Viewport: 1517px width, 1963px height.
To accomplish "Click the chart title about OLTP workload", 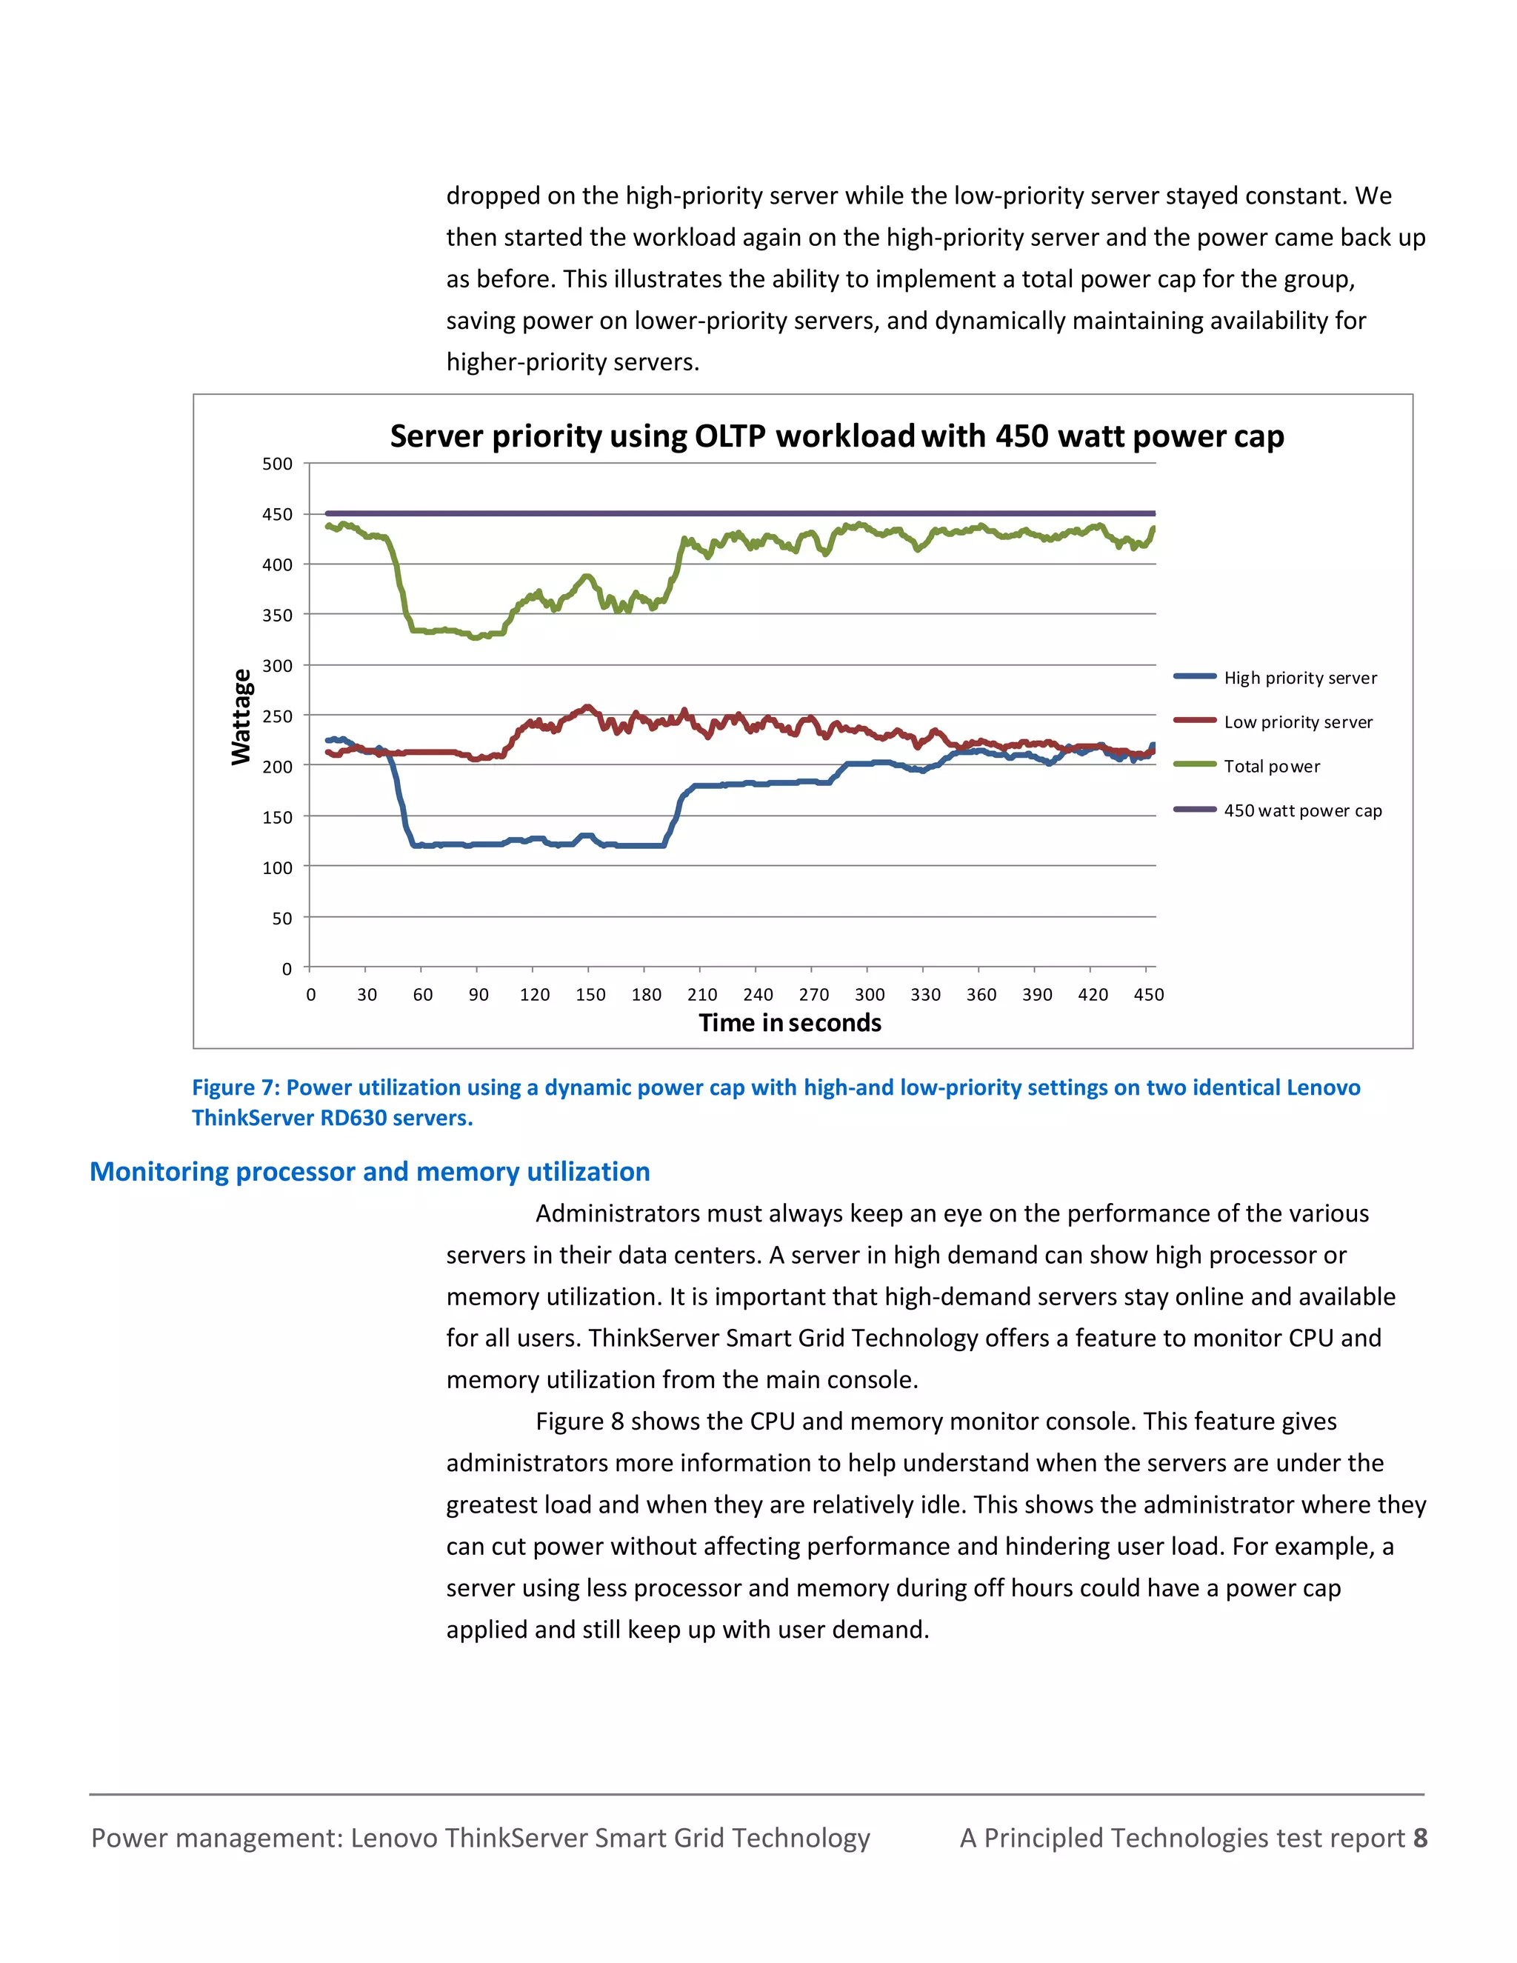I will point(837,437).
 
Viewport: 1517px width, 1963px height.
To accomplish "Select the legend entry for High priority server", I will point(1299,678).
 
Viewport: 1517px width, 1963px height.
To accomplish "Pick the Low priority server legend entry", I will point(1298,721).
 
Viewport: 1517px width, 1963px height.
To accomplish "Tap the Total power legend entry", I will point(1272,766).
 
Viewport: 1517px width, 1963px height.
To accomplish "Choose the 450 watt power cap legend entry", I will point(1302,810).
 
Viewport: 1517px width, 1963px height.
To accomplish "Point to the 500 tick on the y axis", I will point(277,464).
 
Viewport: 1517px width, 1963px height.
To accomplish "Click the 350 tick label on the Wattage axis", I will point(277,616).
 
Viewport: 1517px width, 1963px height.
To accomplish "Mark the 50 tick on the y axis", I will point(282,919).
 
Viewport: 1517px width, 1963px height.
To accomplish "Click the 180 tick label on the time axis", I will point(646,994).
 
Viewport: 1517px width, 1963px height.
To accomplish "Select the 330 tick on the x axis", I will point(926,994).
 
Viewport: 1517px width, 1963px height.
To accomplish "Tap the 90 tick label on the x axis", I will point(478,994).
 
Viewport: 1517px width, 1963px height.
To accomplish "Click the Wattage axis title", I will point(241,717).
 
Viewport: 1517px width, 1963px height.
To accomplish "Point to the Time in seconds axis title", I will point(790,1023).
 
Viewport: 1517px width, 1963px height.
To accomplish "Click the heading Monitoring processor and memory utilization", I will point(370,1171).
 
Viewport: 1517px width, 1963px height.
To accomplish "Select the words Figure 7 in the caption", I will point(236,1087).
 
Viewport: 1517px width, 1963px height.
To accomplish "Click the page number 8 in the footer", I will point(1420,1838).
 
